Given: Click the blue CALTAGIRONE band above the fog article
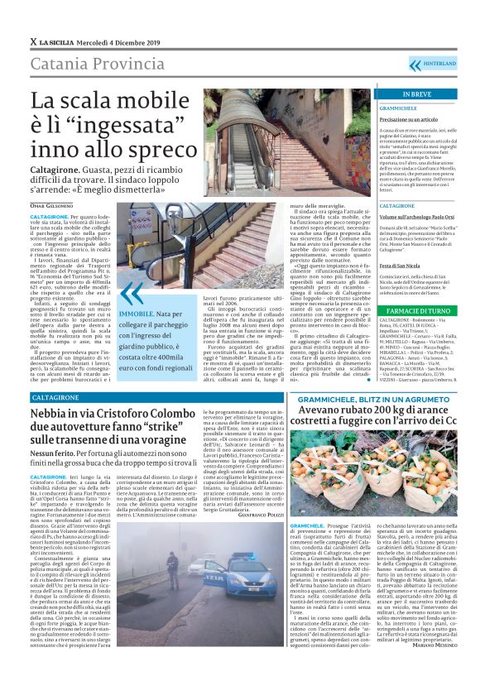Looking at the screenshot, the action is pos(58,397).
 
